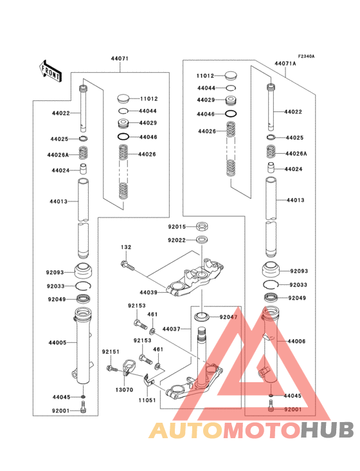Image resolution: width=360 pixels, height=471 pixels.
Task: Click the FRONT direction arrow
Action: pos(51,69)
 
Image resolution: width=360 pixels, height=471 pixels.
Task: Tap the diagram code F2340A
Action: pos(306,57)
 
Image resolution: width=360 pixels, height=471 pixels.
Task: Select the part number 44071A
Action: pos(285,64)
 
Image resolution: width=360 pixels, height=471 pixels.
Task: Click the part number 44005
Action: pos(59,343)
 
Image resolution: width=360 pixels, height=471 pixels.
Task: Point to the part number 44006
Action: pos(297,340)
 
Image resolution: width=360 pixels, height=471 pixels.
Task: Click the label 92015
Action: pos(177,226)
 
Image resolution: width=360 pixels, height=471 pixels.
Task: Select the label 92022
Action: pos(177,240)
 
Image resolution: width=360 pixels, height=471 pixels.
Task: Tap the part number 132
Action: pos(126,247)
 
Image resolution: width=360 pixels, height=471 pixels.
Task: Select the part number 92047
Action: pos(228,317)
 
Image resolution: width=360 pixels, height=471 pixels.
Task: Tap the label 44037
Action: pos(171,329)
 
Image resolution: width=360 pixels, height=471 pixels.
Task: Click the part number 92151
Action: pos(111,351)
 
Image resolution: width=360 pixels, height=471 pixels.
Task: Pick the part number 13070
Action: pos(125,389)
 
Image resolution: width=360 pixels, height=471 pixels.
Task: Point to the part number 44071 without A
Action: pos(120,59)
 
